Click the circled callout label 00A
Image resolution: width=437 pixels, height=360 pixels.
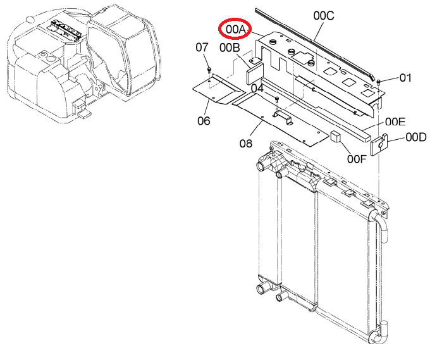pos(235,29)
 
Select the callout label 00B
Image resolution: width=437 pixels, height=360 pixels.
pos(230,47)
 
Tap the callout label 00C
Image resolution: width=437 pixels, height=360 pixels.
pos(324,16)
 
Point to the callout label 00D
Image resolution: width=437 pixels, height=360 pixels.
pos(416,137)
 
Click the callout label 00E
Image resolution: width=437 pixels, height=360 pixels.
pos(395,122)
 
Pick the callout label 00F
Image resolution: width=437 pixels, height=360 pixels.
pos(357,159)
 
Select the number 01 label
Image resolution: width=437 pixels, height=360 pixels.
pos(405,78)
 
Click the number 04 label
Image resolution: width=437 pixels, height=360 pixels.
pos(257,88)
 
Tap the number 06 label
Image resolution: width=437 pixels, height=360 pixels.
pos(204,121)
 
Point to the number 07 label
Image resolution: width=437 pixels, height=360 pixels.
pos(202,47)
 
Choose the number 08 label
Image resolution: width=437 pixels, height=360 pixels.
pos(245,144)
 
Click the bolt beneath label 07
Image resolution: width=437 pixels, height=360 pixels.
pos(209,70)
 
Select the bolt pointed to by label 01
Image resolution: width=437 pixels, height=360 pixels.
pos(378,82)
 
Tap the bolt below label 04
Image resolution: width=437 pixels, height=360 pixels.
pos(277,99)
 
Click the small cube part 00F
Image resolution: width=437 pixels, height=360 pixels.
pos(336,136)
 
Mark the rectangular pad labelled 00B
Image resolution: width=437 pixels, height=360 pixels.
pos(254,73)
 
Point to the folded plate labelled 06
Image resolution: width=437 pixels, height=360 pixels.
pos(219,89)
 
